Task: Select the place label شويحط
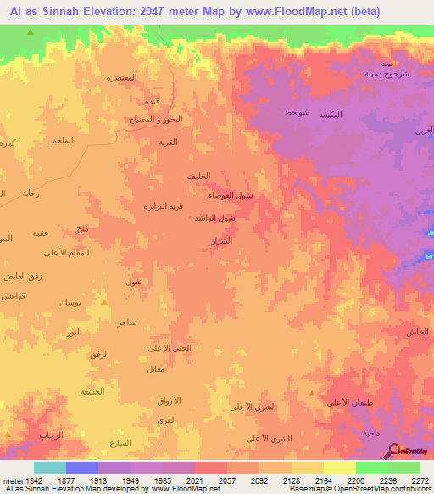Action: click(297, 113)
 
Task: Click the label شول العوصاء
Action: click(231, 195)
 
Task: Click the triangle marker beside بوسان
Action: click(104, 301)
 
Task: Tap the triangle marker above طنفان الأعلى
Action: click(313, 393)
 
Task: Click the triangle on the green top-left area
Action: click(31, 32)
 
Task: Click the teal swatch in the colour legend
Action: click(50, 468)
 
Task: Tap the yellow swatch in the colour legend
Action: click(340, 468)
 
